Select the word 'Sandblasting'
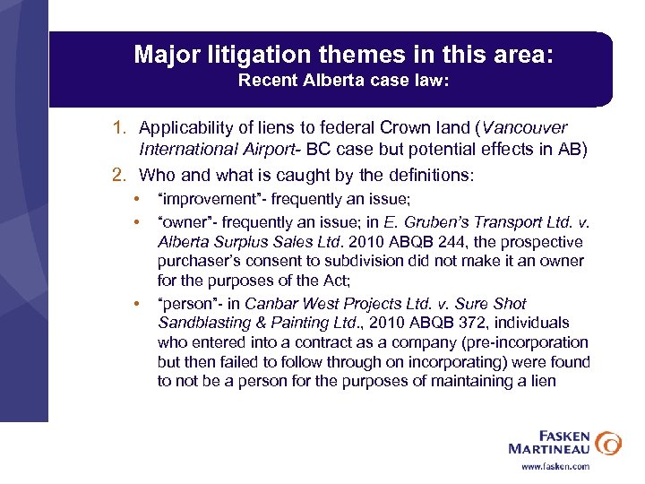[201, 323]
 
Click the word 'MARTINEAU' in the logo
[548, 447]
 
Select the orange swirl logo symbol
[608, 441]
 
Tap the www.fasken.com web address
[555, 466]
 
